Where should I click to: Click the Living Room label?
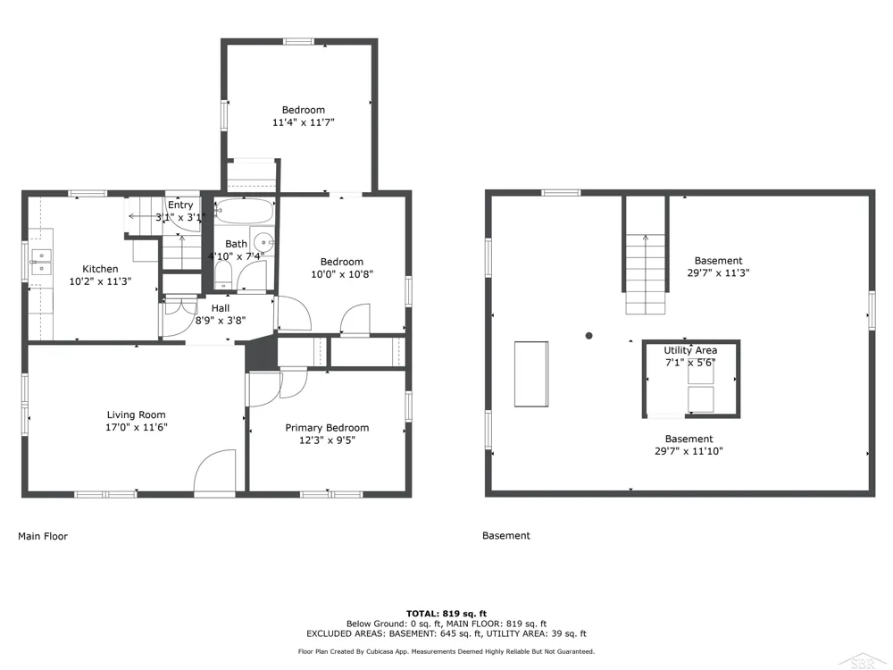[136, 415]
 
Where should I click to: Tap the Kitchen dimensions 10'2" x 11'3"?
[100, 281]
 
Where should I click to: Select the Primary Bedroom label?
[327, 428]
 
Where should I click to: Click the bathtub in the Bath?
[245, 210]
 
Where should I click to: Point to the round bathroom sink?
[263, 242]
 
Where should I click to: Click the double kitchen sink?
[42, 262]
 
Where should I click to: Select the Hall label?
[221, 308]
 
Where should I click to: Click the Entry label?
[180, 205]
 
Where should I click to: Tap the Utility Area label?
[690, 350]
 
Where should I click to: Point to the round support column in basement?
[588, 336]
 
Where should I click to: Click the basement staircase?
[646, 273]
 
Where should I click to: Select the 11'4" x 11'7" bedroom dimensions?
[303, 122]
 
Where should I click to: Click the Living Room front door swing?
[214, 470]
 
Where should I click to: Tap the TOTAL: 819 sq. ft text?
[446, 614]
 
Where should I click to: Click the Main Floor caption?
[43, 536]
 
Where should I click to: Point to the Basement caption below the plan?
[506, 535]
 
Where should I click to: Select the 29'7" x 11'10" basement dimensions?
[689, 451]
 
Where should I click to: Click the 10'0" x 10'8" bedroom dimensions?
[342, 274]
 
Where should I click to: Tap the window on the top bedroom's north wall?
[298, 41]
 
